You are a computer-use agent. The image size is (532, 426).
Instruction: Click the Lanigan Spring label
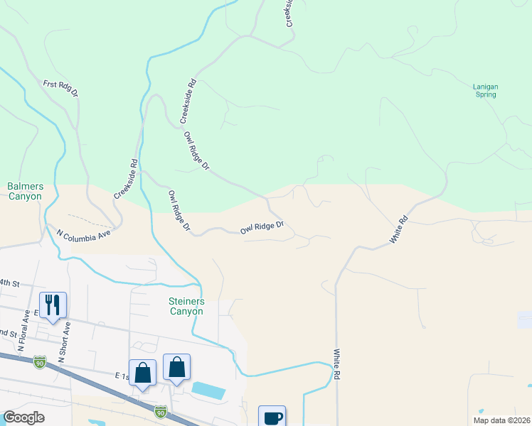point(486,90)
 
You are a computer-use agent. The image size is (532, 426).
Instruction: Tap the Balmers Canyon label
point(26,191)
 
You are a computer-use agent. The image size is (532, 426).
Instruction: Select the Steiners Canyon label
point(186,306)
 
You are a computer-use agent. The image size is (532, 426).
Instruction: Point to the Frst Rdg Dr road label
point(60,88)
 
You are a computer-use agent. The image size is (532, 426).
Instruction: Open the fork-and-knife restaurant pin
point(53,305)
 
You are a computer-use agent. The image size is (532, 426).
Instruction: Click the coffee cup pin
point(272,417)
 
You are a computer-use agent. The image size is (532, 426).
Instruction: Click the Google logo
point(24,417)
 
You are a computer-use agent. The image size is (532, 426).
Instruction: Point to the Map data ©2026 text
point(502,420)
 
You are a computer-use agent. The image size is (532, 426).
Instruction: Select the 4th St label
point(9,283)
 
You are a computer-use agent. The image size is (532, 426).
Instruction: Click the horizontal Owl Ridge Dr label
point(262,228)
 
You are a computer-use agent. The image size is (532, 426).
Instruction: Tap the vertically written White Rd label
point(336,363)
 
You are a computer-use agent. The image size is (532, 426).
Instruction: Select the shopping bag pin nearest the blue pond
point(177,368)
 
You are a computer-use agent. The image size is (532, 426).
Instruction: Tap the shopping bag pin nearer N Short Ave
point(143,372)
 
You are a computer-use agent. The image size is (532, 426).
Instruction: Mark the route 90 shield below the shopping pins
point(161,410)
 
